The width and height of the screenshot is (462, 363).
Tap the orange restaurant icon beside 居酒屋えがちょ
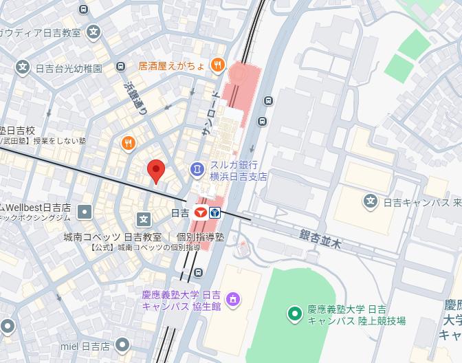pyautogui.click(x=218, y=66)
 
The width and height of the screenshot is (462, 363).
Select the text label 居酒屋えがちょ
pyautogui.click(x=172, y=66)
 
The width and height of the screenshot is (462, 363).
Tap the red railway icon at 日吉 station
pyautogui.click(x=201, y=213)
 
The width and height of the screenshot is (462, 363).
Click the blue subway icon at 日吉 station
pyautogui.click(x=215, y=213)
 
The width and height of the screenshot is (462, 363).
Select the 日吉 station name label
pyautogui.click(x=180, y=213)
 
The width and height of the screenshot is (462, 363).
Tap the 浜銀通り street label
pyautogui.click(x=135, y=98)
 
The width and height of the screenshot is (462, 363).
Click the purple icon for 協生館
pyautogui.click(x=233, y=299)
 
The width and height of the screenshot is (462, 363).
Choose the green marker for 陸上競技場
pyautogui.click(x=294, y=315)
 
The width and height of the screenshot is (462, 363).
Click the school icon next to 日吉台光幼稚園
pyautogui.click(x=23, y=67)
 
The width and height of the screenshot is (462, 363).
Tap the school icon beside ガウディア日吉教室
pyautogui.click(x=94, y=32)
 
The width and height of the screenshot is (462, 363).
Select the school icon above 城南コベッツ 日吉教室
pyautogui.click(x=144, y=219)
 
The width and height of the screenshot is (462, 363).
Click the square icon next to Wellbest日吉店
pyautogui.click(x=85, y=211)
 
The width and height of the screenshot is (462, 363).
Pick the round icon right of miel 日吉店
pyautogui.click(x=123, y=344)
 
